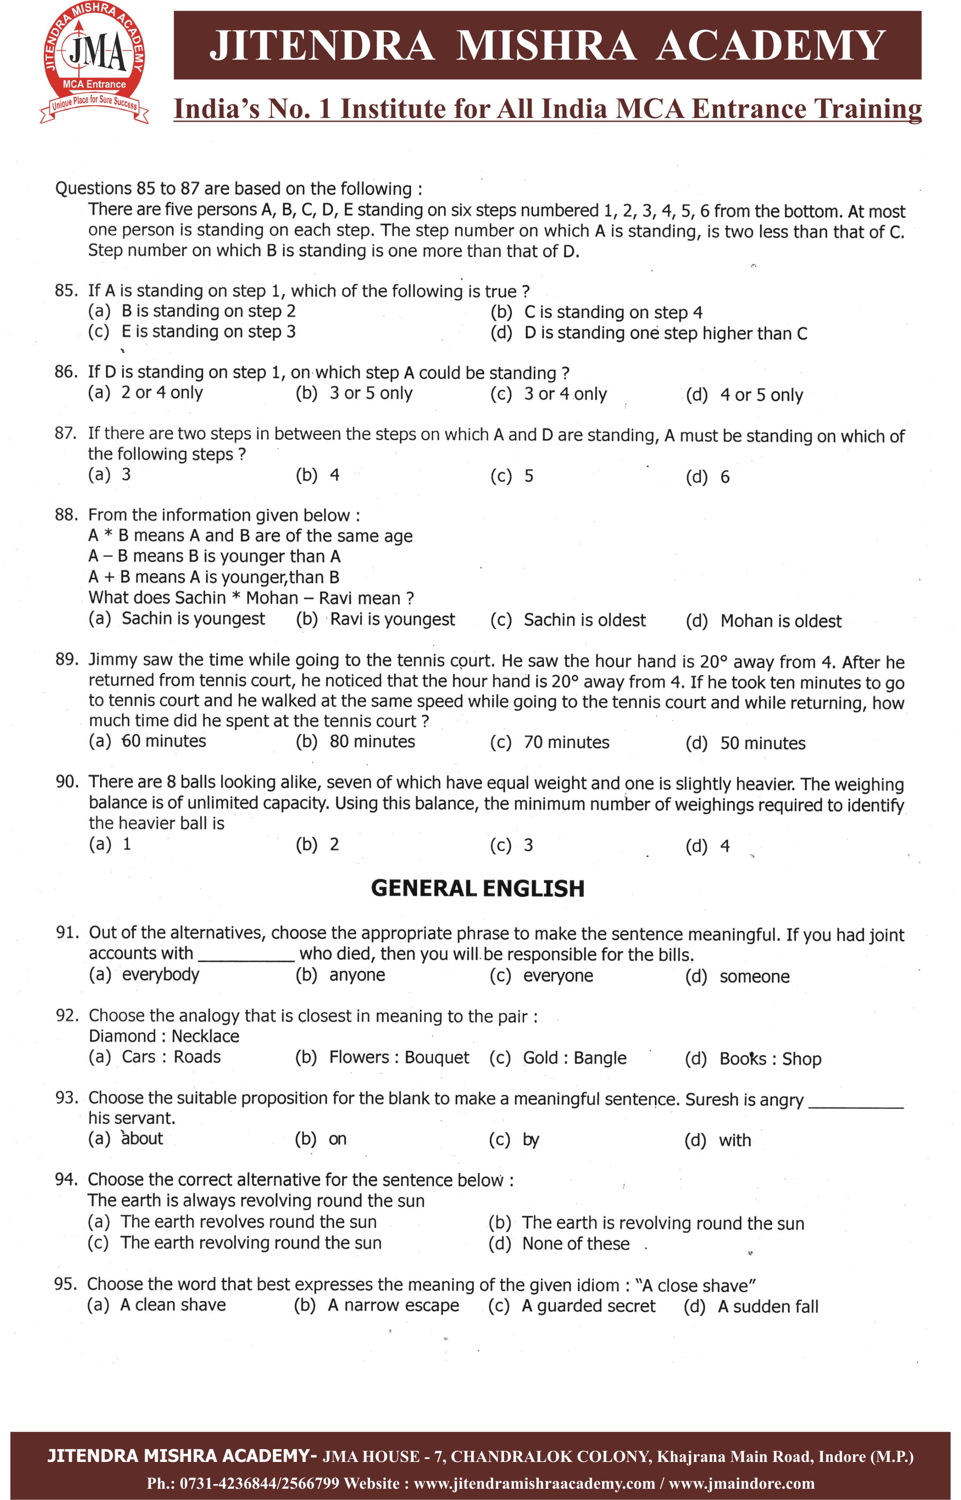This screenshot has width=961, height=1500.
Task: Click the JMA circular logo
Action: pos(94,62)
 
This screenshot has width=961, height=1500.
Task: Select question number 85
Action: pos(66,290)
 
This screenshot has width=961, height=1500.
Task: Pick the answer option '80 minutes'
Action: pos(372,742)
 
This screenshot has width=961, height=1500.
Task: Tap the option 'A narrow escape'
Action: pos(393,1305)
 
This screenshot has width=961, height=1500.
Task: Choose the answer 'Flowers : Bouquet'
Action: pos(399,1057)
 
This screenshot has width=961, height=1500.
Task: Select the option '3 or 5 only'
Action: pos(371,393)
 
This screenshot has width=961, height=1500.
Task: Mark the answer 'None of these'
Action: pos(575,1244)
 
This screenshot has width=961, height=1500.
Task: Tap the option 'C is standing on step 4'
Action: pos(613,312)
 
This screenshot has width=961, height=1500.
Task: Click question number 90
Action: pos(67,781)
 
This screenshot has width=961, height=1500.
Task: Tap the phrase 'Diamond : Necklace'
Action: pos(163,1036)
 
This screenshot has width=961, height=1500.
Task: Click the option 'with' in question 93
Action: pos(735,1141)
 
